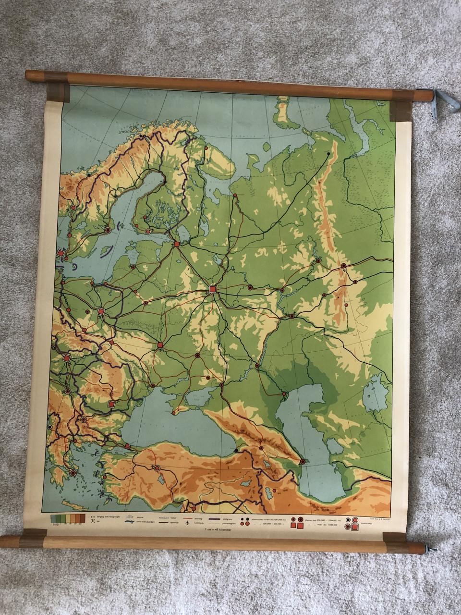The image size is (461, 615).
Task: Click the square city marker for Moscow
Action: [x=213, y=289]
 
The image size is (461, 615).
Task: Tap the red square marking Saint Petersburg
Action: [x=177, y=245]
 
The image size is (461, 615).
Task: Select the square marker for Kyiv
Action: [x=160, y=345]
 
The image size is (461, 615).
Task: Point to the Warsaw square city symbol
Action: [x=101, y=311]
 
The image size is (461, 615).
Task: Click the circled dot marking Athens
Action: [x=73, y=473]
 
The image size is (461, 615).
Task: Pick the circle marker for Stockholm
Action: [x=108, y=230]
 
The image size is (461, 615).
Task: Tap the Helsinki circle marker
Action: [x=148, y=231]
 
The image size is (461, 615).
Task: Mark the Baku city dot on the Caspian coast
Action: [x=302, y=462]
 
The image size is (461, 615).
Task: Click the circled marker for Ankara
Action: [x=157, y=467]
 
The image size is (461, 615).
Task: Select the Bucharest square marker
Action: [x=111, y=405]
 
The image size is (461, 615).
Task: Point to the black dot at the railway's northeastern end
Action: [x=328, y=154]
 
